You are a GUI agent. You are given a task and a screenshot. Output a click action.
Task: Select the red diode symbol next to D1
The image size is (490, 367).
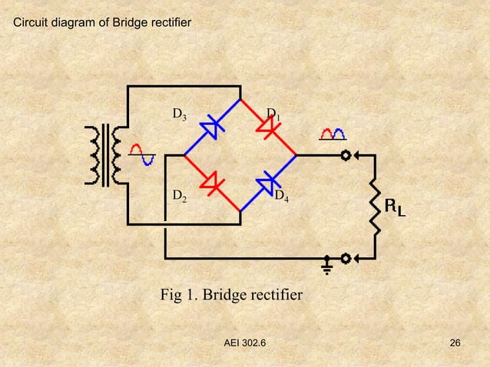(268, 127)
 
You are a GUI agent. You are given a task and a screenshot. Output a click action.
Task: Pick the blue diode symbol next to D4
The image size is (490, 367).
(268, 183)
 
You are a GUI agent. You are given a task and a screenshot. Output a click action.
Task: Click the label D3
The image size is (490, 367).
(179, 115)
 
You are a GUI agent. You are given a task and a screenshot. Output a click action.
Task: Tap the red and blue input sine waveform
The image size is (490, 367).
(143, 154)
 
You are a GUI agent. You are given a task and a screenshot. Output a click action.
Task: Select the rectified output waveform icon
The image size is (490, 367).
(333, 135)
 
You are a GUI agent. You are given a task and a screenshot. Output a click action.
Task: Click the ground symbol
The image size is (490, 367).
(327, 266)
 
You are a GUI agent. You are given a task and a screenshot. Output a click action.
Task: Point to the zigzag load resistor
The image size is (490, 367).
(375, 206)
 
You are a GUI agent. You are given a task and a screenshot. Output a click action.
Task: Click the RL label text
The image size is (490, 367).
(396, 207)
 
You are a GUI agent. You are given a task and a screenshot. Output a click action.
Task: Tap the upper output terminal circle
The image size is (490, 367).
(346, 155)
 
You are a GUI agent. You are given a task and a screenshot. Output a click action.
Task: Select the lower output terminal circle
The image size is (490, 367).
(346, 257)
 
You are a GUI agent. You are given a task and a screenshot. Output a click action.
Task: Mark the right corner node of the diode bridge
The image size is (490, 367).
(297, 155)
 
